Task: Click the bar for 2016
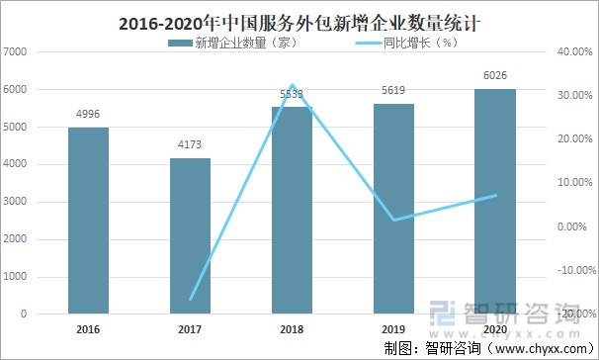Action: coord(88,221)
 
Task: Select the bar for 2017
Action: coord(190,236)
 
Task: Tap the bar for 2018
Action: coord(292,211)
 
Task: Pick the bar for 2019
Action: coord(394,209)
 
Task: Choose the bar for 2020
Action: coord(495,202)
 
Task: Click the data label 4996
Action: coord(88,115)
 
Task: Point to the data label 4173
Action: coord(190,145)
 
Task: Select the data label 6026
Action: coord(495,76)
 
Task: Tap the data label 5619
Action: coord(394,91)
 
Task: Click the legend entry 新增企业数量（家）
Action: coord(241,43)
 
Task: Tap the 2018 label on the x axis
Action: coord(292,328)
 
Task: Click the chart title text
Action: coord(299,20)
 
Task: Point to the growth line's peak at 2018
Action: coord(292,86)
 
